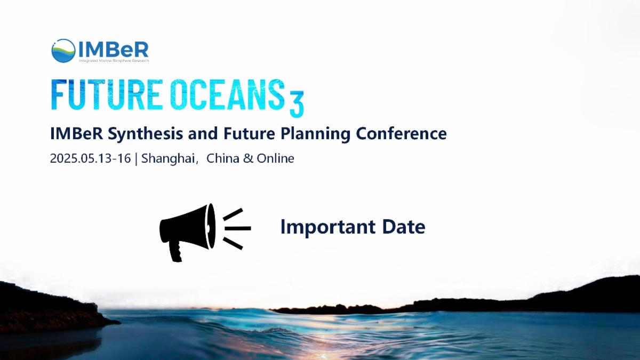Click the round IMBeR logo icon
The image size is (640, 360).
63,51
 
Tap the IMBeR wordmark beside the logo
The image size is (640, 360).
114,50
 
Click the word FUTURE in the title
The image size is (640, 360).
105,94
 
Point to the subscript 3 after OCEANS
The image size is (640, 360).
297,105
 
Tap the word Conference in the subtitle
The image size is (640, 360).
401,133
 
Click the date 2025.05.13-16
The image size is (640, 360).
90,158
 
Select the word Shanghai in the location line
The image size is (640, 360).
169,158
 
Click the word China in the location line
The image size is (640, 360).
222,158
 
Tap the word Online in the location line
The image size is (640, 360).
275,158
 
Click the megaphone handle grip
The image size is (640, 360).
176,251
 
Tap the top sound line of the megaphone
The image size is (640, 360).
233,214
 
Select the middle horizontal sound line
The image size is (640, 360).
238,228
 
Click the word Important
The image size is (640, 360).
327,227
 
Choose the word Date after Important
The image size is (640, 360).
404,227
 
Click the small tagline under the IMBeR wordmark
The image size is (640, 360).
114,61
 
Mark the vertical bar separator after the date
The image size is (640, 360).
136,159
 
